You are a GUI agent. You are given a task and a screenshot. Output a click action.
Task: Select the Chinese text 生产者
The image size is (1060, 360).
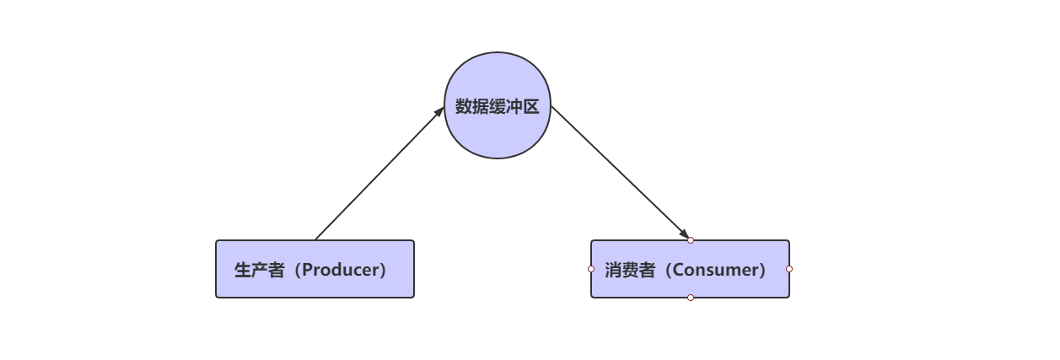point(259,270)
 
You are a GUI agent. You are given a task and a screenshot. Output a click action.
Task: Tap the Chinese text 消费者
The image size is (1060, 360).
point(629,270)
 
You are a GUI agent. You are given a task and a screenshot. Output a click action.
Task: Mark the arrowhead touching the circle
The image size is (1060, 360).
point(439,111)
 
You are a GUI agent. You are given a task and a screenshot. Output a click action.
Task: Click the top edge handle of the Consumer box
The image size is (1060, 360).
point(691,240)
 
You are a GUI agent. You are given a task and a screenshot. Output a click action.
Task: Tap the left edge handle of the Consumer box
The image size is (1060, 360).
point(591,269)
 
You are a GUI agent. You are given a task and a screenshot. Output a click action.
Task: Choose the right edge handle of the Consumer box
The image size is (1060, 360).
point(789,269)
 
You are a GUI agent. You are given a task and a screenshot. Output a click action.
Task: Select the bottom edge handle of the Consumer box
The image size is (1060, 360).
point(691,298)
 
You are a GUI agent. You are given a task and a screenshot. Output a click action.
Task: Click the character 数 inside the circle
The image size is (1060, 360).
point(464,106)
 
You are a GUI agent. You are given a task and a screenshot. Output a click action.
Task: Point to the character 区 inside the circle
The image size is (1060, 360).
point(531,106)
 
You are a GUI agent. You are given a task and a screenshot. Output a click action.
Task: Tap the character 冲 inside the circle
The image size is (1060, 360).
point(514,106)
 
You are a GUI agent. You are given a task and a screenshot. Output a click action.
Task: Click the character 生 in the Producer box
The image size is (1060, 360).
point(243,270)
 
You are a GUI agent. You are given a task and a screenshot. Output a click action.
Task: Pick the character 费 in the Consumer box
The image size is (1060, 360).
point(629,270)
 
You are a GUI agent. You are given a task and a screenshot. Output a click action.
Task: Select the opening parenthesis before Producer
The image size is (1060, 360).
point(294,270)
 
